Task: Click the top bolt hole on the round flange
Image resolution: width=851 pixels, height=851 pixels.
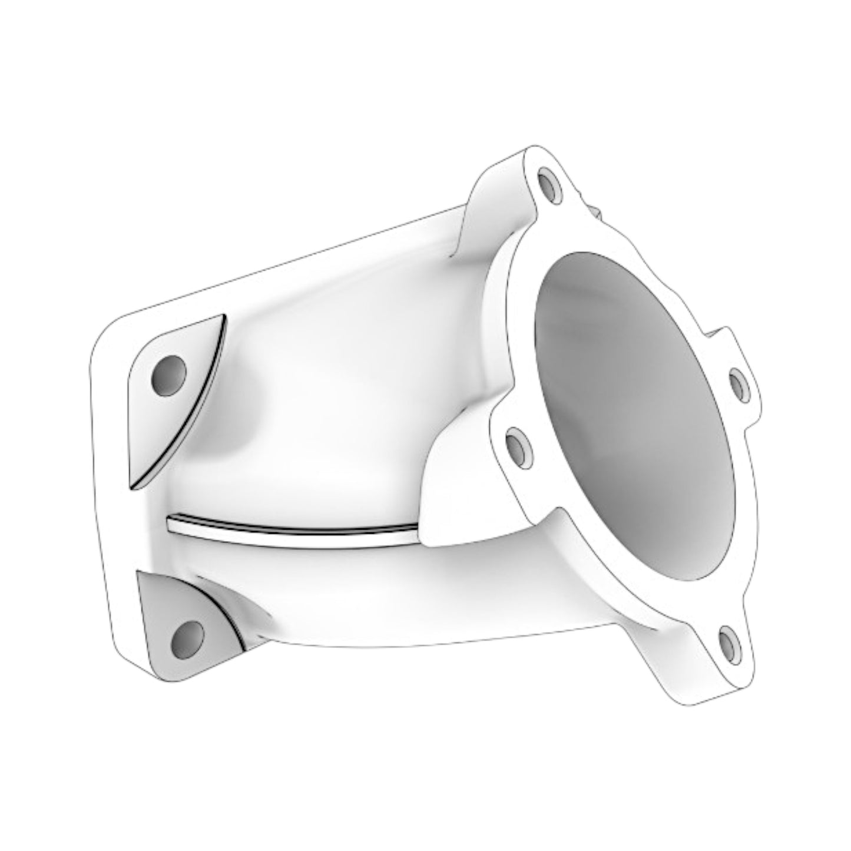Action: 549,186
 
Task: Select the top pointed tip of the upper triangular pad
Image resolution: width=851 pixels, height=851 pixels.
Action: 223,316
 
